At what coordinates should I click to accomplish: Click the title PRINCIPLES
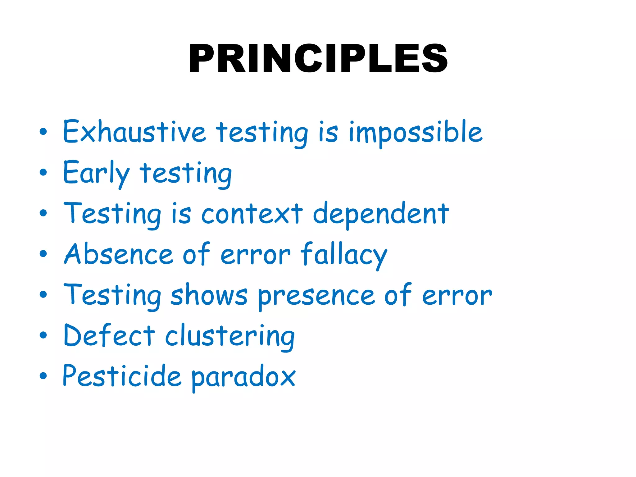point(318,58)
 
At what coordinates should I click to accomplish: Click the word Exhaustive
point(134,132)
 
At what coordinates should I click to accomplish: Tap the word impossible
point(416,133)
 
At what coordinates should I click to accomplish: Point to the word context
point(252,214)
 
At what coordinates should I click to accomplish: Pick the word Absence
point(118,254)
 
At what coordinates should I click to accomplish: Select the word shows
point(209,295)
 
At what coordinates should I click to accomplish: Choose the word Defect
point(109,336)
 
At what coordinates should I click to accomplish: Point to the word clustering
point(230,337)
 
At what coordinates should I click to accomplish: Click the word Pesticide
point(122,376)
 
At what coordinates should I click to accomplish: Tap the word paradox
point(243,377)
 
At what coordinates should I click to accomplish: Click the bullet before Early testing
point(43,172)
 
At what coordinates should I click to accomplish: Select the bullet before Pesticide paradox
point(43,376)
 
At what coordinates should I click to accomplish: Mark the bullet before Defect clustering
point(43,335)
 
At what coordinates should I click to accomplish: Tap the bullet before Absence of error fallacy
point(43,254)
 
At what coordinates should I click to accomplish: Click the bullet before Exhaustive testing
point(43,132)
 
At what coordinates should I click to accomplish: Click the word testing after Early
point(185,174)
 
